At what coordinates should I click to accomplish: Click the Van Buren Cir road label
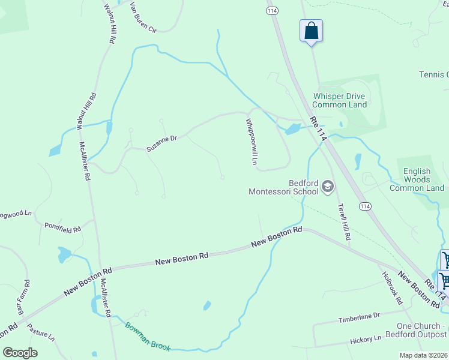(142, 20)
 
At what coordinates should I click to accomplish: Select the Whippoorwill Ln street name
(252, 142)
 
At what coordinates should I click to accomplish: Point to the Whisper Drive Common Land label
(339, 100)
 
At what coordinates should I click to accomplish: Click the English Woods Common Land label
(417, 179)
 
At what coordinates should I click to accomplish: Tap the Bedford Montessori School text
(283, 187)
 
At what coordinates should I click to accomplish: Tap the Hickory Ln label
(366, 340)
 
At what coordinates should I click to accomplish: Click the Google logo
(20, 352)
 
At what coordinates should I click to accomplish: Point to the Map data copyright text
(424, 355)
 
